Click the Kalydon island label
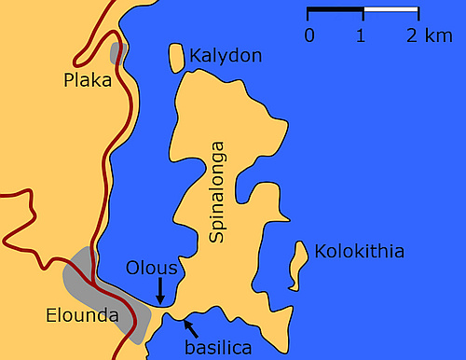(226, 57)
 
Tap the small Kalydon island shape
(175, 57)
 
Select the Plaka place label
(88, 81)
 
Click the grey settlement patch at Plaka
(117, 53)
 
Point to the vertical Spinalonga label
(218, 192)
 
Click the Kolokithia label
(359, 252)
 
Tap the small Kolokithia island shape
(299, 264)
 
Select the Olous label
(152, 269)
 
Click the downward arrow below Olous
(159, 289)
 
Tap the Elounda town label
(82, 316)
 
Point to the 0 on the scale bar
(308, 35)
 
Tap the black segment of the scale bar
(336, 13)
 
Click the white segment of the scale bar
(391, 13)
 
